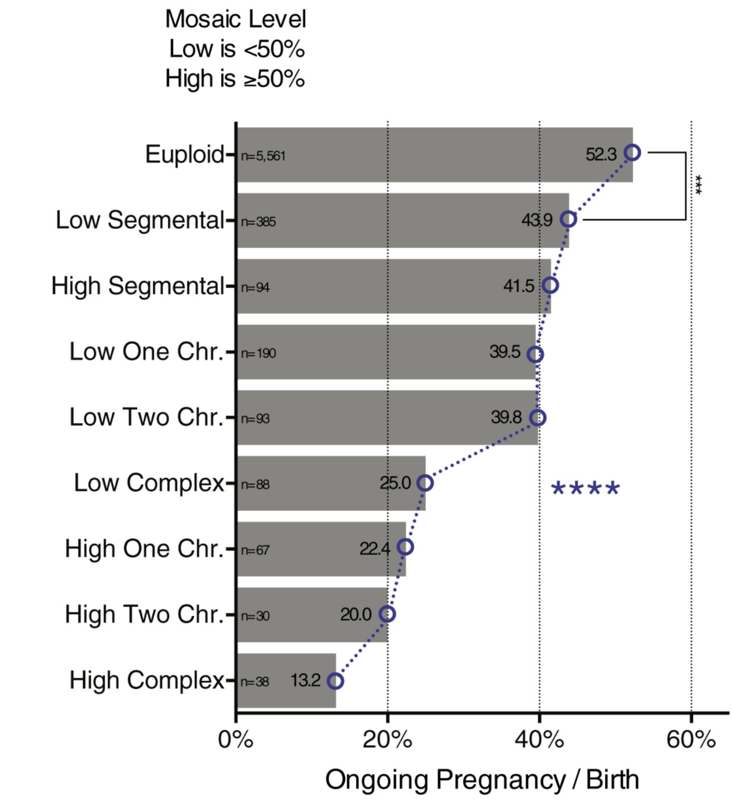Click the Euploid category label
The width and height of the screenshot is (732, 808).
pos(184,154)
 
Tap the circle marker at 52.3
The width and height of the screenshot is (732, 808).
pos(632,153)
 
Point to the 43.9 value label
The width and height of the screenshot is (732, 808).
pos(537,220)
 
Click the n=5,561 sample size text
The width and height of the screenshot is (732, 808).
pos(263,156)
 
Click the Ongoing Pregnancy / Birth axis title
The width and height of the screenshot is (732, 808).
pos(482,780)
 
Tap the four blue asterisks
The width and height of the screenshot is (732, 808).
pos(585,489)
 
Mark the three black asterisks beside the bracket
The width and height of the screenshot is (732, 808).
pos(698,185)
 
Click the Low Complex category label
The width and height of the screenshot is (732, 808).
pos(149,483)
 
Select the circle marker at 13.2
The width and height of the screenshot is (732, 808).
pos(335,681)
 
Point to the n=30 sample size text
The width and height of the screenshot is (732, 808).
pos(255,616)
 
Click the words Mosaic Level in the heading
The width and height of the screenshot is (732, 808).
pos(235,19)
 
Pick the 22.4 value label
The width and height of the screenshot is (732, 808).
pos(374,549)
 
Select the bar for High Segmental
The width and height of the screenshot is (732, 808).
pos(393,286)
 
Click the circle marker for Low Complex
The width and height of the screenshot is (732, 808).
pos(425,483)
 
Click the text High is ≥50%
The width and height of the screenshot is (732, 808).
pos(235,78)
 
